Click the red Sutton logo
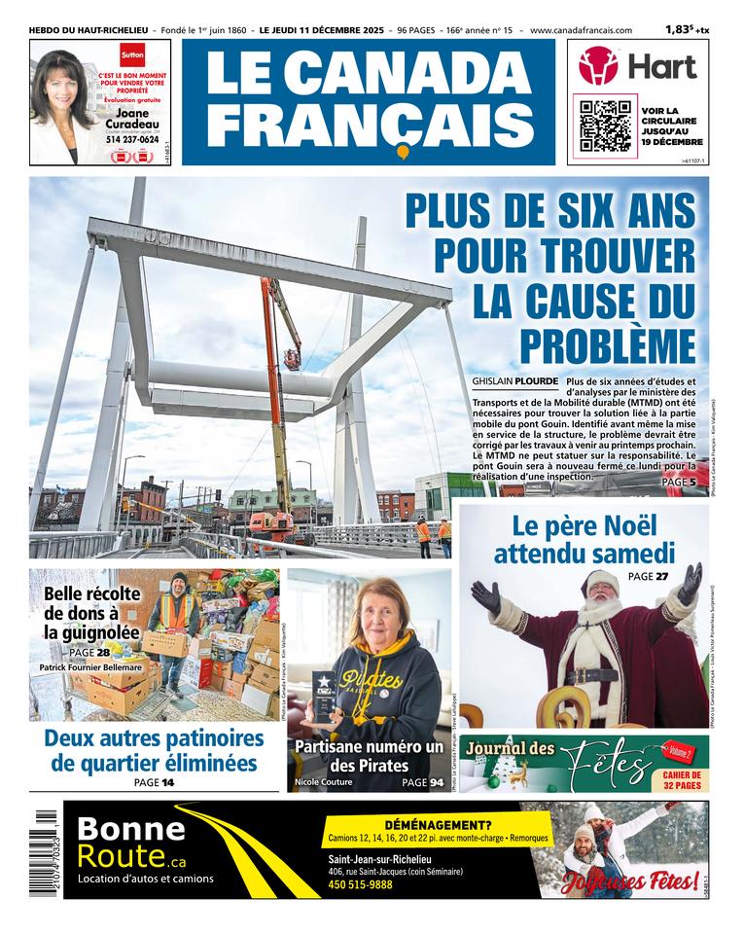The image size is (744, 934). pyautogui.click(x=131, y=55)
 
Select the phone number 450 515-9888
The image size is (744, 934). pyautogui.click(x=360, y=884)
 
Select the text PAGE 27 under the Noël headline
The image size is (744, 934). pyautogui.click(x=648, y=577)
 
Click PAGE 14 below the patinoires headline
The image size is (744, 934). pyautogui.click(x=154, y=782)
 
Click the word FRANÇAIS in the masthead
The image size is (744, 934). pyautogui.click(x=369, y=123)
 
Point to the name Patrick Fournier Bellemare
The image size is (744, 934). pyautogui.click(x=90, y=667)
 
